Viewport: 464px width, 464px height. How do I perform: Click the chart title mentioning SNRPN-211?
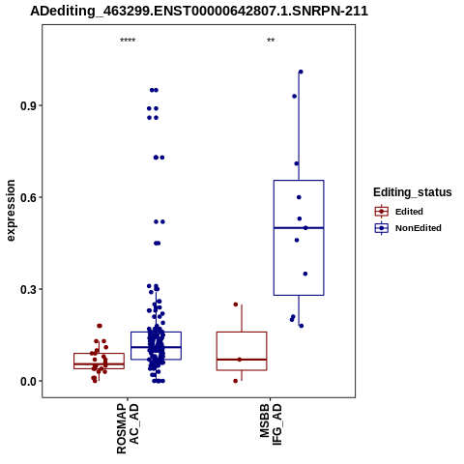pyautogui.click(x=199, y=11)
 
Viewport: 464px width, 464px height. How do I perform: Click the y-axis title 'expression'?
pyautogui.click(x=11, y=211)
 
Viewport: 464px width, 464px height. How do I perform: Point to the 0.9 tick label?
pyautogui.click(x=27, y=105)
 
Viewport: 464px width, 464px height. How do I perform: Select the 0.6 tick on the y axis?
pyautogui.click(x=27, y=197)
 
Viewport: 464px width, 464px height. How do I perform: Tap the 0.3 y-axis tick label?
pyautogui.click(x=27, y=289)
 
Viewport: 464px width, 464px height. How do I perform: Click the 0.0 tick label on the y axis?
pyautogui.click(x=27, y=381)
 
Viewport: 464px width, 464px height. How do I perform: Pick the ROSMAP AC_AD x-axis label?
pyautogui.click(x=128, y=428)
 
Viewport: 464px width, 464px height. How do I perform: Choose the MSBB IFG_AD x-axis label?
pyautogui.click(x=271, y=424)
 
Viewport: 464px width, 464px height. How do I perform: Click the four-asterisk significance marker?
pyautogui.click(x=128, y=41)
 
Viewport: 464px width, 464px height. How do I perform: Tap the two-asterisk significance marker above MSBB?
pyautogui.click(x=271, y=41)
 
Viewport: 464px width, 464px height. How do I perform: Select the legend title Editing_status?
pyautogui.click(x=413, y=192)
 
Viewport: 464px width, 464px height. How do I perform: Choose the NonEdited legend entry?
pyautogui.click(x=408, y=228)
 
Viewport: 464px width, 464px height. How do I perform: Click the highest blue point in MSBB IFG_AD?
pyautogui.click(x=301, y=72)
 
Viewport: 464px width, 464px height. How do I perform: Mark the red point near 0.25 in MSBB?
pyautogui.click(x=236, y=304)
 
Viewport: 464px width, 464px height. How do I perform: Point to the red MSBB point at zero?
pyautogui.click(x=236, y=381)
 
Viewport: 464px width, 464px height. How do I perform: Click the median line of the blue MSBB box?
pyautogui.click(x=299, y=228)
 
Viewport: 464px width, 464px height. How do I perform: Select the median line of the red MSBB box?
pyautogui.click(x=242, y=360)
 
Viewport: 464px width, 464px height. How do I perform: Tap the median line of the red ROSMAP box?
pyautogui.click(x=99, y=363)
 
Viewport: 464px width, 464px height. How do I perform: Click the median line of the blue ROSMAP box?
pyautogui.click(x=156, y=347)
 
